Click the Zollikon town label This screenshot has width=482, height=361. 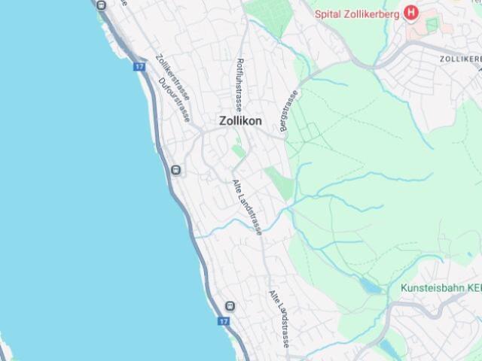coord(240,120)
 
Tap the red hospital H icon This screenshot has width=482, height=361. coord(410,12)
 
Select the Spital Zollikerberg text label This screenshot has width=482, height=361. coord(357,12)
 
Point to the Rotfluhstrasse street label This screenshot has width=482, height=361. coord(239,83)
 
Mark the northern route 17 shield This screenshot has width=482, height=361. coord(139,66)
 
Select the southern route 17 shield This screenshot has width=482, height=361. coord(223,321)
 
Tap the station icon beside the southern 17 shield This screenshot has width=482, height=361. coord(229,306)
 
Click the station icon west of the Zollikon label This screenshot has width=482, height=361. coord(175,170)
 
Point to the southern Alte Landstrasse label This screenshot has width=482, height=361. coord(279,319)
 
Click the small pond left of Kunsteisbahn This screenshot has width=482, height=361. coord(369,285)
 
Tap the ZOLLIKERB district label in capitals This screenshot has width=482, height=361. coord(460,58)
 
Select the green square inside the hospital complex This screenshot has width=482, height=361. coord(432,26)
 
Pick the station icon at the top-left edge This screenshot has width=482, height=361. coord(102,4)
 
